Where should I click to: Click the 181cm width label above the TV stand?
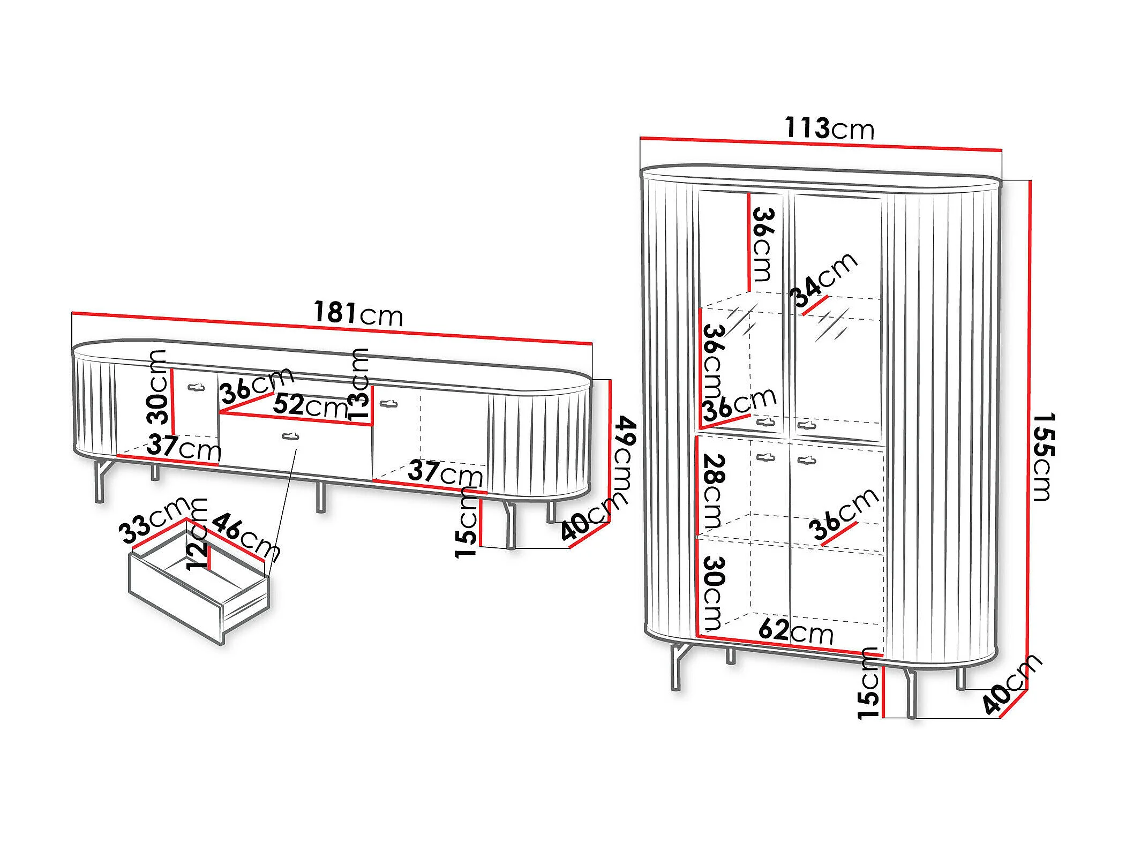coord(358,313)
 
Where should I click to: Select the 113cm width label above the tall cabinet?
coord(829,129)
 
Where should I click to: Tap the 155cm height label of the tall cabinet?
coord(1044,456)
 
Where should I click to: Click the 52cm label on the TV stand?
coord(310,405)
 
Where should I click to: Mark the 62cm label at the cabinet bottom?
coord(796,631)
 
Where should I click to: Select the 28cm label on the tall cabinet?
coord(713,491)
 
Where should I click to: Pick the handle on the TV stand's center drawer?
coord(290,436)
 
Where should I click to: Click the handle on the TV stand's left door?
coord(196,387)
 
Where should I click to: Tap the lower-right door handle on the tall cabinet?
coord(807,459)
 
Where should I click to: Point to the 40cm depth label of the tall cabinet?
coord(1012,684)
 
